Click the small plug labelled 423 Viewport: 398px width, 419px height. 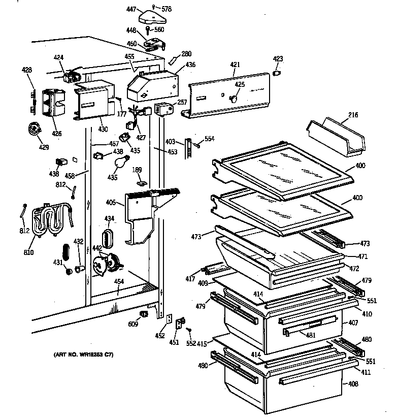(277, 74)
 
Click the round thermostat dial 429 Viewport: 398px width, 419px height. (35, 130)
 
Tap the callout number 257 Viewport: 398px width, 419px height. (182, 102)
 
